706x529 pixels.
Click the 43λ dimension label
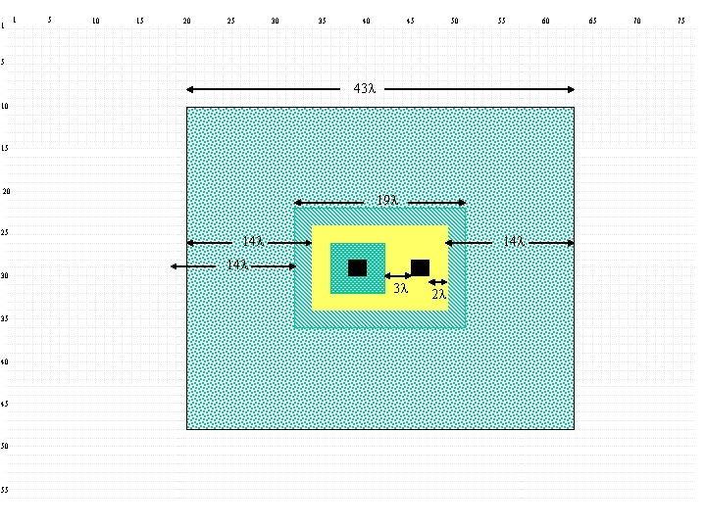(364, 89)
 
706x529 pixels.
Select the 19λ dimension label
(386, 202)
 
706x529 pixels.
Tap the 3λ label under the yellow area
(400, 289)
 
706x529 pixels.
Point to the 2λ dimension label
(439, 294)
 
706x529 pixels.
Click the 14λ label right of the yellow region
(512, 241)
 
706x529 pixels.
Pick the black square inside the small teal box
(357, 267)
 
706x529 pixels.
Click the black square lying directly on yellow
(420, 267)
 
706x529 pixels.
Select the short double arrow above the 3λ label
(398, 276)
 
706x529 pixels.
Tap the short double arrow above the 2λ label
(438, 283)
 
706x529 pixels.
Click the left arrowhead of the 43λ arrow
(190, 89)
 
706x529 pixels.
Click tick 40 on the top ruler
(366, 21)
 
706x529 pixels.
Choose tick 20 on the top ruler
(186, 21)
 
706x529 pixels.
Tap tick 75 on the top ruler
(681, 21)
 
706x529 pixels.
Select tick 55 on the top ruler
(501, 21)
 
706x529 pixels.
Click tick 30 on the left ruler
(6, 276)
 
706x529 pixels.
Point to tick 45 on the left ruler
(6, 404)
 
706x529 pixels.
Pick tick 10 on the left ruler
(6, 106)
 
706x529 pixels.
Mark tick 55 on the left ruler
(6, 490)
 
